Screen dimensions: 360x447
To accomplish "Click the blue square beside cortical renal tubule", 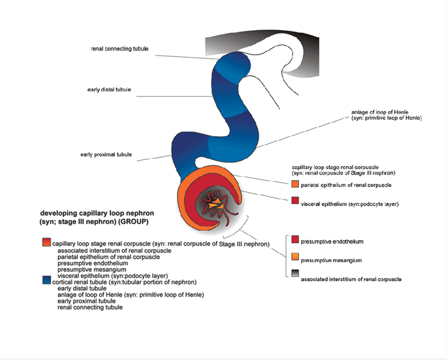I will click(46, 280).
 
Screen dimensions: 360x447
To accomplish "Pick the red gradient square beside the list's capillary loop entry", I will click(46, 242).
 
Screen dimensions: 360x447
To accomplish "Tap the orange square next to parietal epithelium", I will click(295, 185).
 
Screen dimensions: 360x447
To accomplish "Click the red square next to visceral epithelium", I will click(295, 201).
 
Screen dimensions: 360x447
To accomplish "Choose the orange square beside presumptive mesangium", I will click(295, 257).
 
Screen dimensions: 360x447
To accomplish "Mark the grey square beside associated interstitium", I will click(295, 274).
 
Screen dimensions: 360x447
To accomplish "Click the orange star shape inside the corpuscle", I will click(216, 204).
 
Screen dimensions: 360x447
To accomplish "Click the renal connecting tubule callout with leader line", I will click(119, 49).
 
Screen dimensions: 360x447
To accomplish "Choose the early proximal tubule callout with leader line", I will click(106, 155).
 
